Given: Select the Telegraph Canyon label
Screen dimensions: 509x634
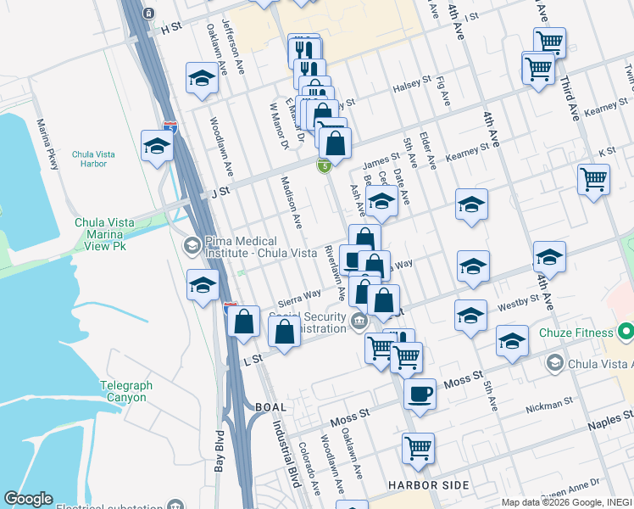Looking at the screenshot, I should tap(126, 391).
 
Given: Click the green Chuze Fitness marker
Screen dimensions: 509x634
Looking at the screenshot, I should tap(626, 331).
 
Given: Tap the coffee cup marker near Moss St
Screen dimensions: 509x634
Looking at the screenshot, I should tap(419, 393).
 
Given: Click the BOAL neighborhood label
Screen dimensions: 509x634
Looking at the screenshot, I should tap(270, 407).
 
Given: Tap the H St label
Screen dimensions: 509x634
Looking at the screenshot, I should tap(171, 27).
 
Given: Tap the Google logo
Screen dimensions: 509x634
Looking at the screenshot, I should tap(28, 499).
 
